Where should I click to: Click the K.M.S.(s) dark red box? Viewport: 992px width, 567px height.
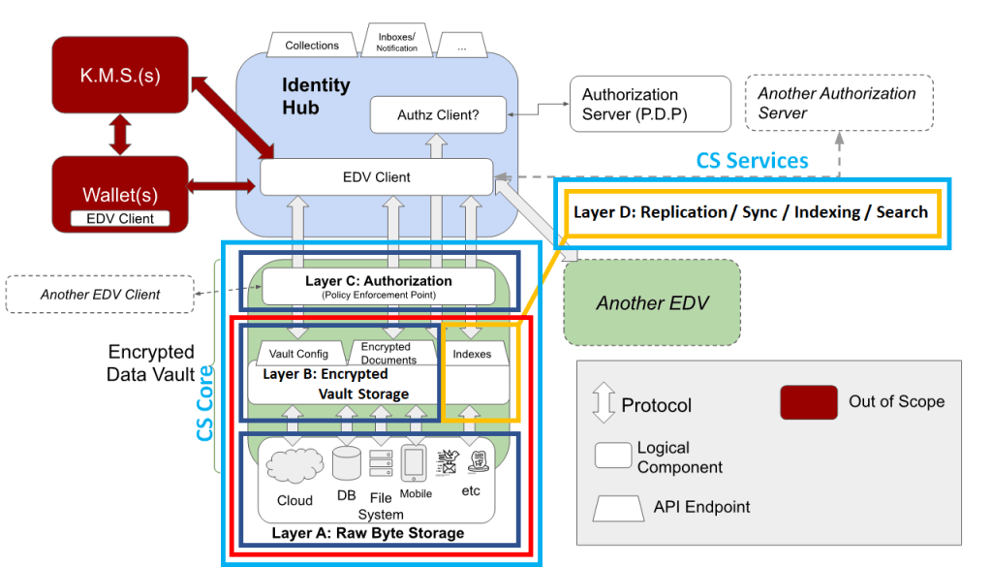tap(120, 76)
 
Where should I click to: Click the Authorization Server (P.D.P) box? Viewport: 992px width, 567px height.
tap(649, 105)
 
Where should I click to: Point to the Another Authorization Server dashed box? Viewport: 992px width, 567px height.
tap(838, 103)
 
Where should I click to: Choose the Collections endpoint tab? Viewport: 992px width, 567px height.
tap(312, 45)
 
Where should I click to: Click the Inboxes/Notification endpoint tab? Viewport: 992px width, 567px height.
tap(397, 42)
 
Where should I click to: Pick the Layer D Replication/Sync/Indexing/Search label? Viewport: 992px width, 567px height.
tap(751, 212)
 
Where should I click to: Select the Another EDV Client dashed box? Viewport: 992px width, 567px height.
tap(101, 294)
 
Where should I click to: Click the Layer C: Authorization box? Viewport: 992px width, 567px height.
tap(379, 286)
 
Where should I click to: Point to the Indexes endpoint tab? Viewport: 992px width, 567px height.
tap(472, 354)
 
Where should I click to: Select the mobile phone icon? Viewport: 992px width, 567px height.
tap(415, 464)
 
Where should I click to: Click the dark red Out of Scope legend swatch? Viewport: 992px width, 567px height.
tap(808, 402)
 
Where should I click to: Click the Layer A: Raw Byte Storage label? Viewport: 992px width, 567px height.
tap(367, 533)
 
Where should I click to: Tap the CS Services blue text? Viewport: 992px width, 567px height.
tap(753, 161)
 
